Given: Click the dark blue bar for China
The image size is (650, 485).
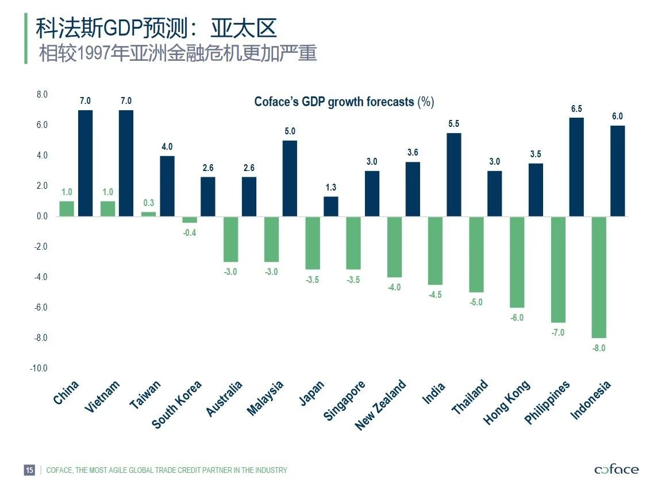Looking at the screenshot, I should (x=85, y=163).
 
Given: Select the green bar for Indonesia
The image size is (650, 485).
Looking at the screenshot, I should (x=599, y=277).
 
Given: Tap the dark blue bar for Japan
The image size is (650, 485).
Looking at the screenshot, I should (x=331, y=207).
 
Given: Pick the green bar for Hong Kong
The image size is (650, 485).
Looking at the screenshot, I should (x=517, y=262).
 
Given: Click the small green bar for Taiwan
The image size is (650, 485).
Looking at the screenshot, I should (x=149, y=214).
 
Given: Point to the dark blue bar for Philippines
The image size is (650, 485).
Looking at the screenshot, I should (x=576, y=167).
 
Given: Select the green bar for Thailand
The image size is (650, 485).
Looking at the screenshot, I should (x=476, y=254).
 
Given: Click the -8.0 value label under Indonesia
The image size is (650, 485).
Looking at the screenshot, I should (x=599, y=348).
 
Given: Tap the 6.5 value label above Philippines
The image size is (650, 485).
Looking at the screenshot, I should (x=576, y=108).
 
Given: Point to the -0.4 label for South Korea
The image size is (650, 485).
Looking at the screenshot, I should (x=190, y=233).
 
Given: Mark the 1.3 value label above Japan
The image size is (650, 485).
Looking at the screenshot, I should (x=331, y=188).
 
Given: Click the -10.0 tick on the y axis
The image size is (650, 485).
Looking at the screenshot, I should (x=39, y=368).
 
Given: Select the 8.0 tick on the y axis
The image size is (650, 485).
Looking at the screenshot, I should (x=41, y=94).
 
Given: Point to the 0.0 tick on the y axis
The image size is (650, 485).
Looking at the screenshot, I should (x=41, y=216).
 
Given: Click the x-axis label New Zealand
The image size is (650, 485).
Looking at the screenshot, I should (x=380, y=405).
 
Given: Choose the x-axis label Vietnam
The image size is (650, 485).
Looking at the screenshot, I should (x=102, y=397).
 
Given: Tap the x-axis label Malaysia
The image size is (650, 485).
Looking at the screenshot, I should (x=266, y=398).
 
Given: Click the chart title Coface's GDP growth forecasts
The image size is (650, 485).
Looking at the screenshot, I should (x=344, y=102).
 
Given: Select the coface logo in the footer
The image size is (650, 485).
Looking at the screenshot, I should (x=616, y=470).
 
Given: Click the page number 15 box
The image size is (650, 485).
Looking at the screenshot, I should (x=29, y=470).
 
